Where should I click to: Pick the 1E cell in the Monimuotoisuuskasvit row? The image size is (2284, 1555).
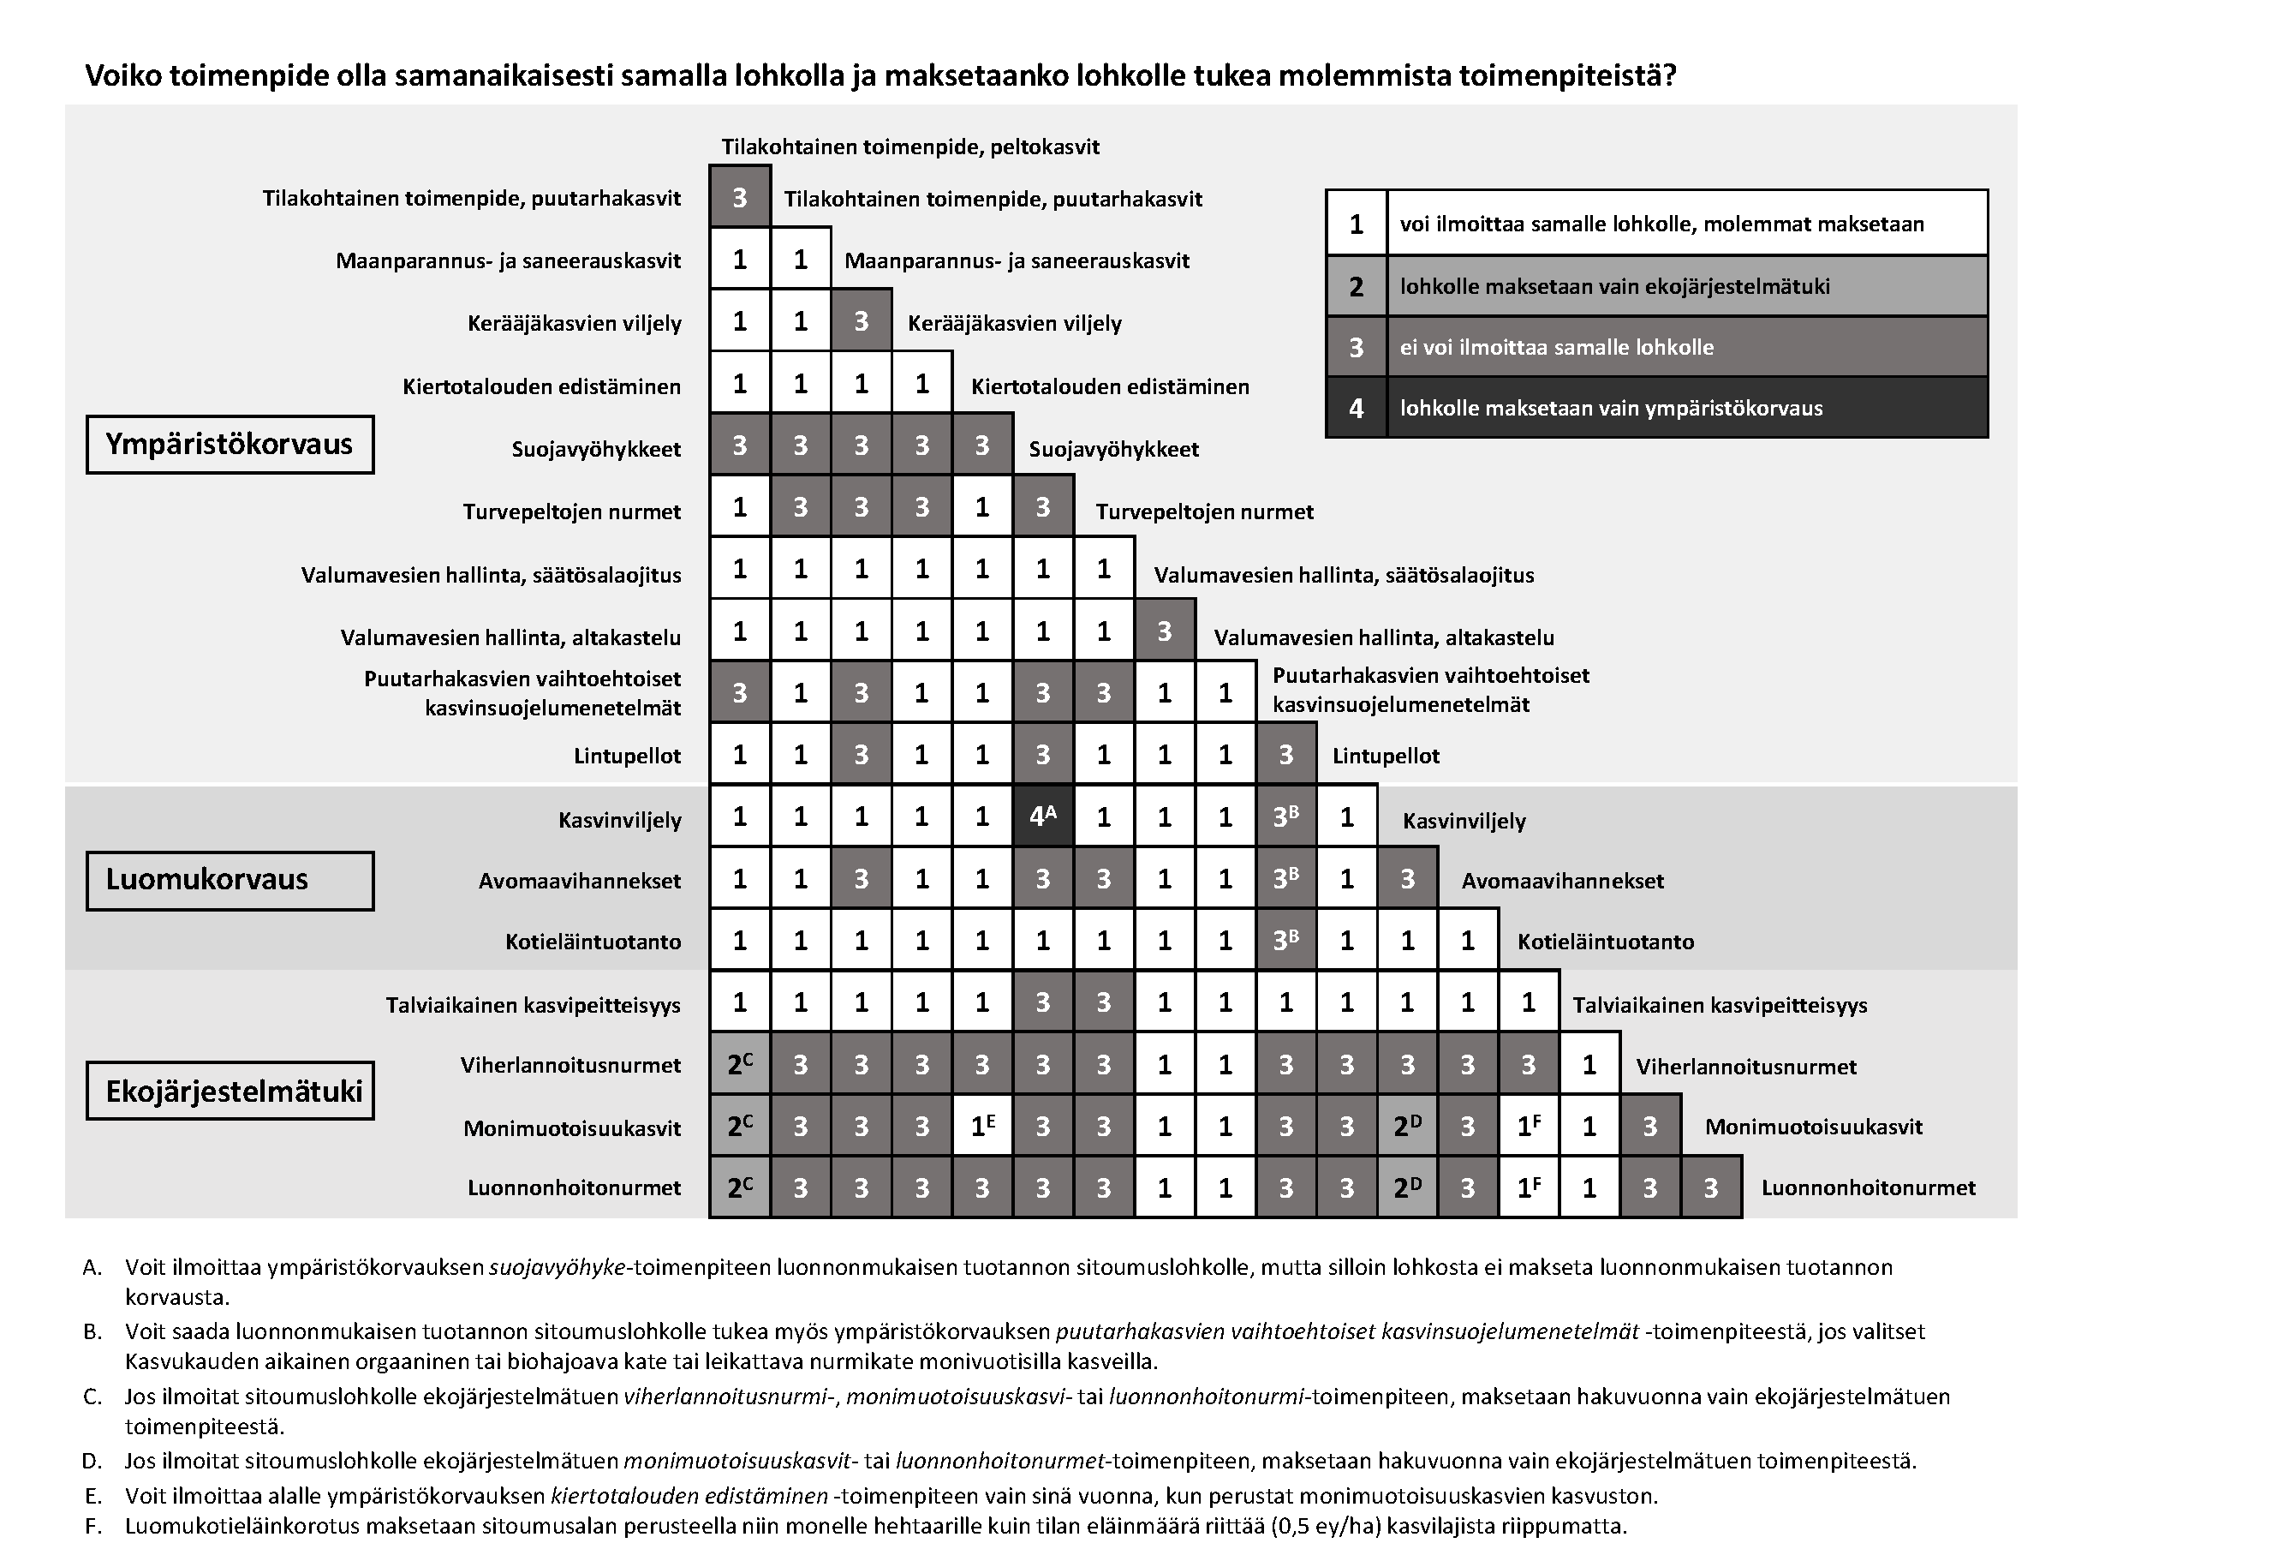pyautogui.click(x=981, y=1127)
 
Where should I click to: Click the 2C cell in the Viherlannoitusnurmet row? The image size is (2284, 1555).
pyautogui.click(x=739, y=1065)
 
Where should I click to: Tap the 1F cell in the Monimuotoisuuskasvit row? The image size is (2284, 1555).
pyautogui.click(x=1529, y=1127)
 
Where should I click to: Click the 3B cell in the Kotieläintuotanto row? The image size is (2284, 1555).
pyautogui.click(x=1285, y=941)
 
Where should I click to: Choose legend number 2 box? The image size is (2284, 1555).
pyautogui.click(x=1356, y=286)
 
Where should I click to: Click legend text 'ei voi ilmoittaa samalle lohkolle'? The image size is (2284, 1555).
pyautogui.click(x=1556, y=347)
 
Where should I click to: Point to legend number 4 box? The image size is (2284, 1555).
pyautogui.click(x=1356, y=408)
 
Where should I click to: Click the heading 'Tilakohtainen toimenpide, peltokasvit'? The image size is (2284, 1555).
pyautogui.click(x=909, y=147)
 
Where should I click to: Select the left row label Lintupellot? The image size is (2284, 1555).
pyautogui.click(x=627, y=756)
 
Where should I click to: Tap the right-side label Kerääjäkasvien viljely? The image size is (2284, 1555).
pyautogui.click(x=1013, y=323)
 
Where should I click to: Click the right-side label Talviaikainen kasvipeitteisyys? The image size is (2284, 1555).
pyautogui.click(x=1719, y=1005)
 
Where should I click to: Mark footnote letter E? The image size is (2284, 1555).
pyautogui.click(x=93, y=1496)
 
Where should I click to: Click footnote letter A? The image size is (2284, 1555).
pyautogui.click(x=92, y=1267)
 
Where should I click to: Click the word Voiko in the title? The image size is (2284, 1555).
pyautogui.click(x=122, y=75)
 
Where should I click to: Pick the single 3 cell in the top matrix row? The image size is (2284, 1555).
pyautogui.click(x=739, y=198)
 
